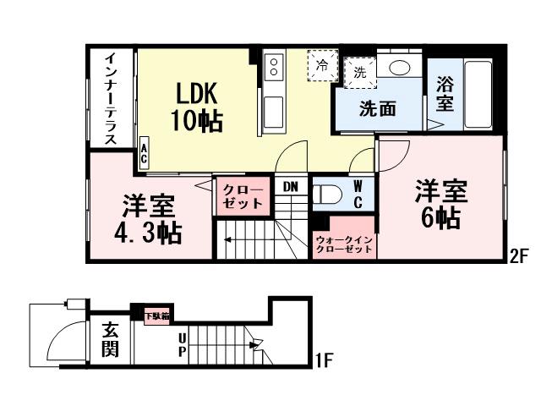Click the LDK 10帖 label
point(199,106)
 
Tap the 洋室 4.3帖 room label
point(147,218)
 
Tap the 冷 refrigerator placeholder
point(322,63)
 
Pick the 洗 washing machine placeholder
point(360,73)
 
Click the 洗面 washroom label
point(377,108)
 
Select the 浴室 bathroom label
point(444,94)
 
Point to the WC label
point(358,193)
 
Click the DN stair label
point(290,186)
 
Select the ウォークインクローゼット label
point(343,244)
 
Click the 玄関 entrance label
point(110,338)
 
